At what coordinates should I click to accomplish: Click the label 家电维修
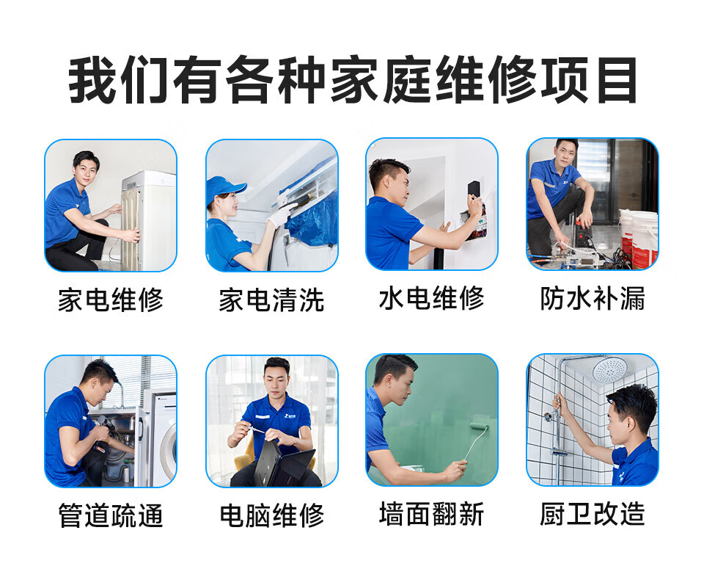[x=110, y=300]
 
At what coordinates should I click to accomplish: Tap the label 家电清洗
[x=271, y=300]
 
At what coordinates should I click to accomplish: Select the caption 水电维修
[x=431, y=299]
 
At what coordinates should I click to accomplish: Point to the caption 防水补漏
[x=593, y=299]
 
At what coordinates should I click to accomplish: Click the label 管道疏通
[x=110, y=516]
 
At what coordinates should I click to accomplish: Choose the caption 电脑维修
[x=271, y=516]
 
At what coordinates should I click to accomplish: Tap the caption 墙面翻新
[x=431, y=515]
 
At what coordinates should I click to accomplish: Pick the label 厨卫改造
[x=593, y=515]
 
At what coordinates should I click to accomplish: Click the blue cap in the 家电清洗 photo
[x=223, y=188]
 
